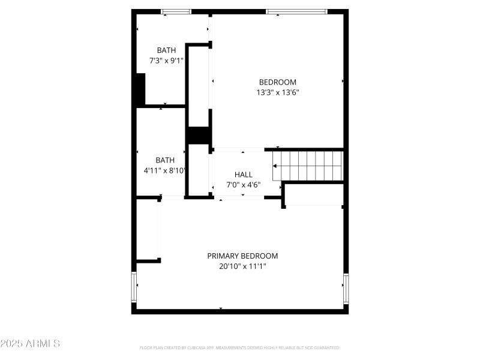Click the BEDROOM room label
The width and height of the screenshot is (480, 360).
pyautogui.click(x=277, y=82)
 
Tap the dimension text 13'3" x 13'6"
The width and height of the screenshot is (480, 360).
pyautogui.click(x=277, y=92)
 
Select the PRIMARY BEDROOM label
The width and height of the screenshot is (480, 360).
pyautogui.click(x=242, y=256)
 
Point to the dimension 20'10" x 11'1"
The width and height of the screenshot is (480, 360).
pyautogui.click(x=242, y=266)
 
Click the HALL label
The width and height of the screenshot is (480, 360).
pyautogui.click(x=243, y=175)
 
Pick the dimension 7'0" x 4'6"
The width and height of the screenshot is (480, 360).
pyautogui.click(x=243, y=185)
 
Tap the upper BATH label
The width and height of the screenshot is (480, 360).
pyautogui.click(x=166, y=50)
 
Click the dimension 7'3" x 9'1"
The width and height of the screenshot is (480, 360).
pyautogui.click(x=166, y=61)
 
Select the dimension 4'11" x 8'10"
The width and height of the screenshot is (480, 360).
pyautogui.click(x=165, y=170)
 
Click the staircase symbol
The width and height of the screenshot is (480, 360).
pyautogui.click(x=307, y=165)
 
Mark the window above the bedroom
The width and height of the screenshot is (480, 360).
pyautogui.click(x=296, y=11)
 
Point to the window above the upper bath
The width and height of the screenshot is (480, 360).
pyautogui.click(x=176, y=11)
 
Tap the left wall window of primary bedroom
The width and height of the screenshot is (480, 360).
pyautogui.click(x=134, y=287)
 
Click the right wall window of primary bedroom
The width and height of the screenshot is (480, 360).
pyautogui.click(x=346, y=287)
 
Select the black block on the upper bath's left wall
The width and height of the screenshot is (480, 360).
pyautogui.click(x=140, y=90)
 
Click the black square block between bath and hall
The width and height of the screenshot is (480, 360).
pyautogui.click(x=197, y=136)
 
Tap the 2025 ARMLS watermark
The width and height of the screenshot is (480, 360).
pyautogui.click(x=30, y=344)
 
